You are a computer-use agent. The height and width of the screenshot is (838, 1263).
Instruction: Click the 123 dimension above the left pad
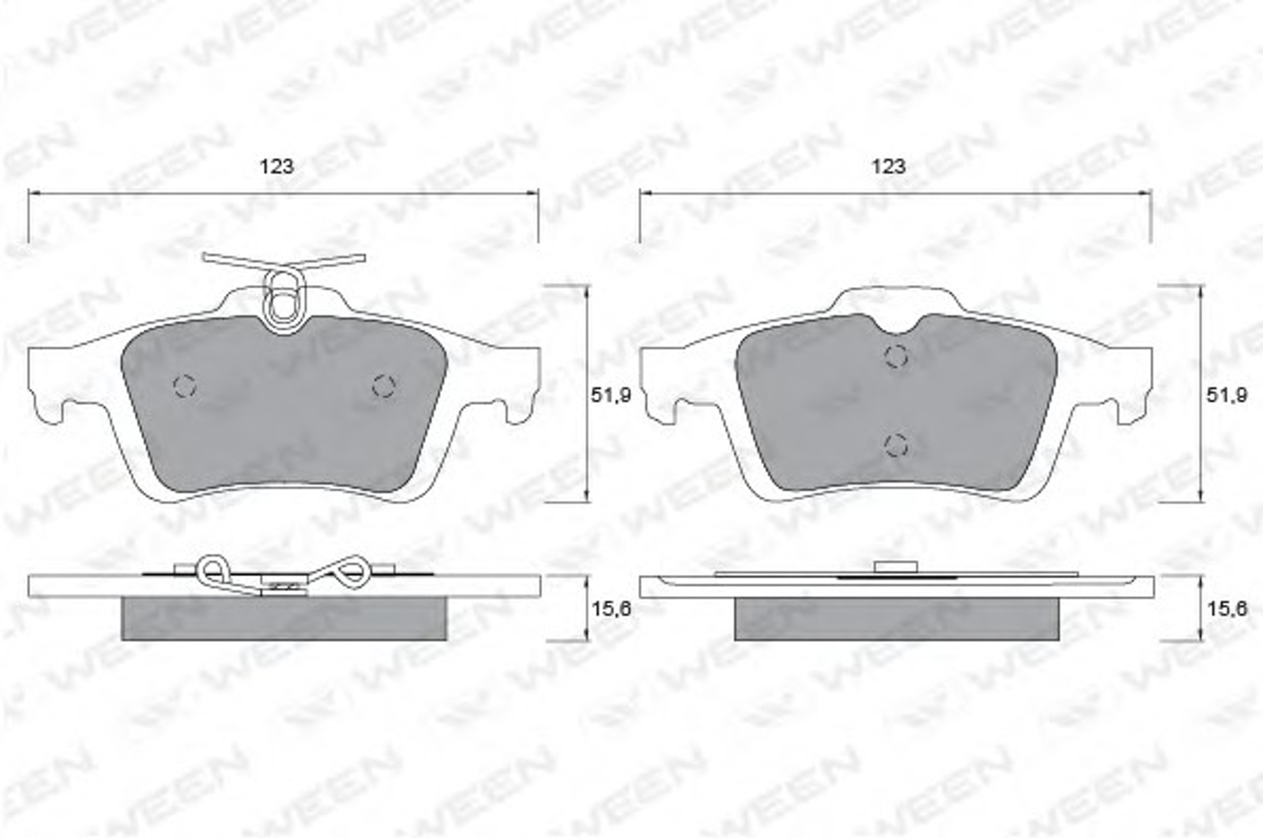coord(276,167)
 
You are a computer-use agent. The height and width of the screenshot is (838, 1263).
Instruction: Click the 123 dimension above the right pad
coord(889,167)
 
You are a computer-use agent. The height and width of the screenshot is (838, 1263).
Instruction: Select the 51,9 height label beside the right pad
coord(1227,395)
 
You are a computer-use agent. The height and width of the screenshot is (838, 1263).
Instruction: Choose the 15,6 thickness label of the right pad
coord(1227,608)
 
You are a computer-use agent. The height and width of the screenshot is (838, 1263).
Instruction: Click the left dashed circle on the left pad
coord(185,385)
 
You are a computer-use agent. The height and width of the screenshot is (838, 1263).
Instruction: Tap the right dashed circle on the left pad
coord(383,385)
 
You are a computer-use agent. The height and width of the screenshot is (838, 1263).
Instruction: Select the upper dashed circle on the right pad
coord(896,356)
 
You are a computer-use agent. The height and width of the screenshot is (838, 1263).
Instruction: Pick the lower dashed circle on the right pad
coord(896,444)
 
